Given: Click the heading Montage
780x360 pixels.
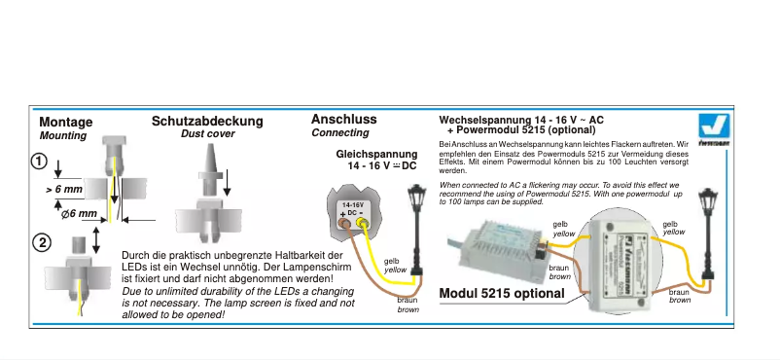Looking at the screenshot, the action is pyautogui.click(x=66, y=123).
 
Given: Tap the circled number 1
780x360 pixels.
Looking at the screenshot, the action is pyautogui.click(x=40, y=162).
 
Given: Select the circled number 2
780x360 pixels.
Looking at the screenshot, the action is pyautogui.click(x=41, y=243).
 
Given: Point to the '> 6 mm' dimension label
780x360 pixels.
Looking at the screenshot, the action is pyautogui.click(x=65, y=190).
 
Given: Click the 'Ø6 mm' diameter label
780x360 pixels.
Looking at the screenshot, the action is pyautogui.click(x=78, y=213).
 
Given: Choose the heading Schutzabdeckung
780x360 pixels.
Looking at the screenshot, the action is pyautogui.click(x=207, y=122).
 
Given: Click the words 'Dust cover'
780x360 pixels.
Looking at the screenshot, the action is pyautogui.click(x=207, y=134).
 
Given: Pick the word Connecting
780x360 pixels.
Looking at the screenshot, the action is pyautogui.click(x=339, y=133).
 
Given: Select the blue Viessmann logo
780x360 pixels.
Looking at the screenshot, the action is pyautogui.click(x=715, y=126).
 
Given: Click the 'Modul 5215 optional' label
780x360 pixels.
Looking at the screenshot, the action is pyautogui.click(x=502, y=294).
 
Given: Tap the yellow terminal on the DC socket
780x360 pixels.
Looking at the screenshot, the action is pyautogui.click(x=364, y=227).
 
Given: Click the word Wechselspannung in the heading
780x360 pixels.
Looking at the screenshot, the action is pyautogui.click(x=485, y=120).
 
